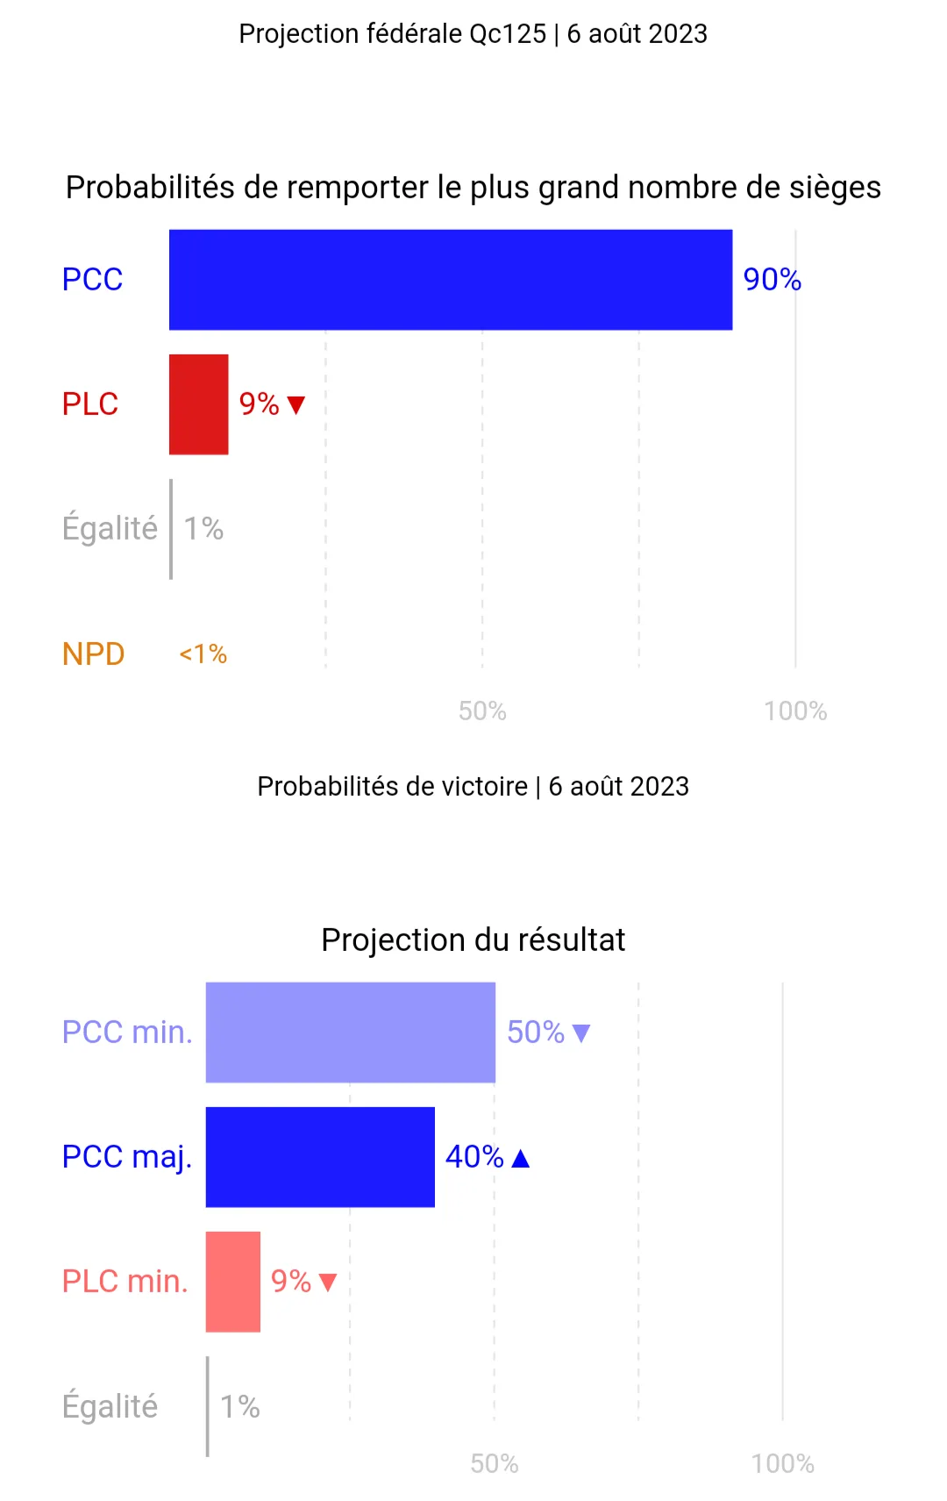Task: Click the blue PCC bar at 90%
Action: click(451, 280)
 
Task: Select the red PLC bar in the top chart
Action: click(199, 404)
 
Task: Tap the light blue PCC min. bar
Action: click(350, 1032)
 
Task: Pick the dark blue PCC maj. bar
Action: click(320, 1156)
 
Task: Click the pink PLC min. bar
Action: click(233, 1281)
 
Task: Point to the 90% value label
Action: click(773, 280)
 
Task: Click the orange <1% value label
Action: click(203, 654)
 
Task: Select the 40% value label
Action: click(475, 1156)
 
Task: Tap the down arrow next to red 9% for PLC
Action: click(296, 404)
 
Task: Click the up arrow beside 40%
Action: click(520, 1159)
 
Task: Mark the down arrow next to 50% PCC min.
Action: click(581, 1033)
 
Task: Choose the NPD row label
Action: click(94, 654)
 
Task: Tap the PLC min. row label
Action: click(125, 1281)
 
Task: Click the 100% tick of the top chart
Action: click(795, 711)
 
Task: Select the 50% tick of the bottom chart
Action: click(495, 1464)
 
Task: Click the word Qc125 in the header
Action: click(508, 33)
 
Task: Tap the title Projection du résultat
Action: click(473, 940)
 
